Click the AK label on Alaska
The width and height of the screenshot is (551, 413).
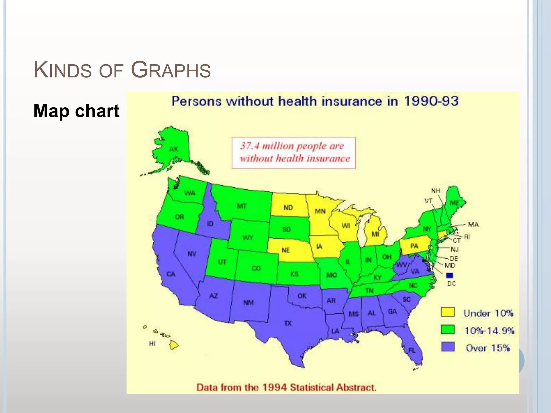click(x=174, y=149)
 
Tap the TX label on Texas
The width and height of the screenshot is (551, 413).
click(x=288, y=323)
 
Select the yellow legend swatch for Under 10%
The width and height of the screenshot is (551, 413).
click(x=448, y=312)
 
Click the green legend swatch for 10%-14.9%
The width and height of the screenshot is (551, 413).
click(x=448, y=329)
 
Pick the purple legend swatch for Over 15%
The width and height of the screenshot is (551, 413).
click(x=448, y=347)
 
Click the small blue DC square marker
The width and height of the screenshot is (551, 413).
click(x=450, y=275)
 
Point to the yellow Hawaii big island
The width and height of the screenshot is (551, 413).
click(x=174, y=345)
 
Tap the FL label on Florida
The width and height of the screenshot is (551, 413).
click(x=412, y=350)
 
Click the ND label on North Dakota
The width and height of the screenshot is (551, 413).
click(x=288, y=208)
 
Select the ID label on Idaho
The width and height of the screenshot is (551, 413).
click(x=210, y=224)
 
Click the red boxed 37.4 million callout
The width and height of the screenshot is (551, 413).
click(x=294, y=153)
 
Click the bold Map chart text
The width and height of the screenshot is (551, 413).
click(x=76, y=111)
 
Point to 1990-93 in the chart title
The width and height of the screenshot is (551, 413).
click(x=431, y=101)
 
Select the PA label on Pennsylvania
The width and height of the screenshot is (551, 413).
click(x=414, y=246)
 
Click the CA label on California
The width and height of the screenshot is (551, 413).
click(x=171, y=274)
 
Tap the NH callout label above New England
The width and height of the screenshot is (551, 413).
click(x=436, y=191)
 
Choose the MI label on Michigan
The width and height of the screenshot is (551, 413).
click(x=375, y=234)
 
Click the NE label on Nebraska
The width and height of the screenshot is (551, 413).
click(x=285, y=250)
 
